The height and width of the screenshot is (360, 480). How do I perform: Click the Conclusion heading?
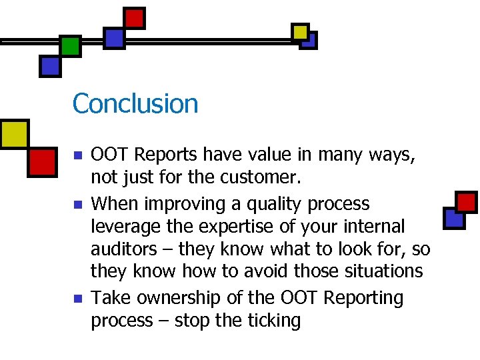[x=135, y=104]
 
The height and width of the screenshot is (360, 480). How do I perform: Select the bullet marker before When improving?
[x=77, y=204]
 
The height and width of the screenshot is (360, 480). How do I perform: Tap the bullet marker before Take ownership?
[x=77, y=298]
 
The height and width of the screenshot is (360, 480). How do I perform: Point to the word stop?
[x=194, y=321]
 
